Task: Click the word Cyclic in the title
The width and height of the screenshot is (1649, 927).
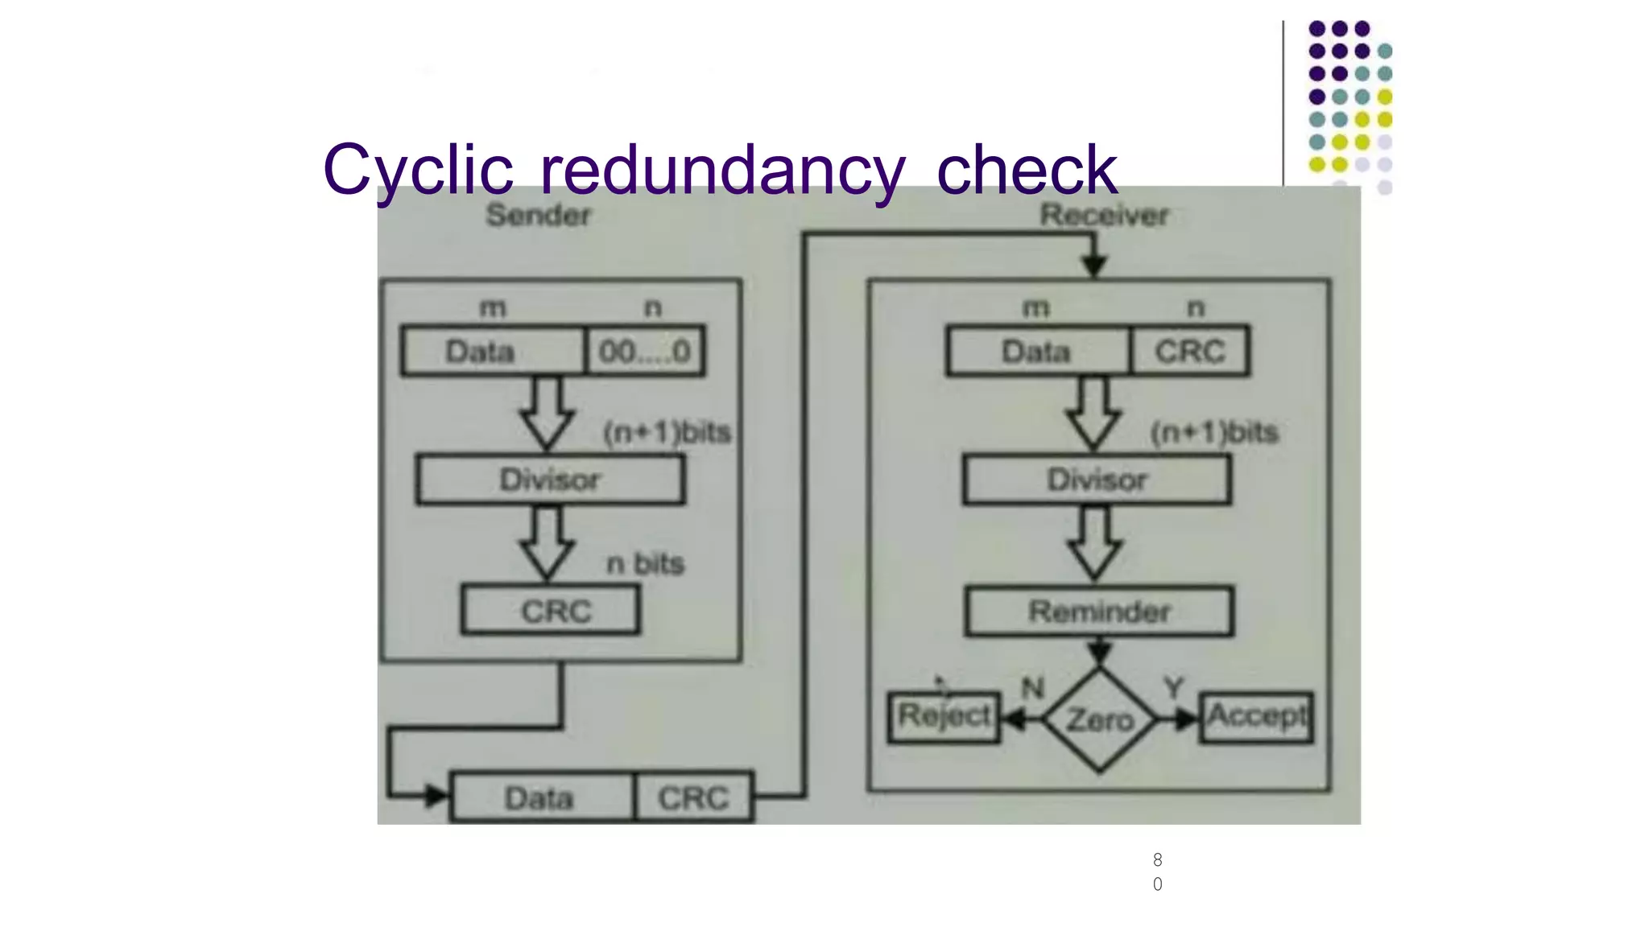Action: tap(418, 171)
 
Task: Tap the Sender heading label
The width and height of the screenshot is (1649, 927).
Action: tap(538, 215)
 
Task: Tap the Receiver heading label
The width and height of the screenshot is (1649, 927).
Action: tap(1103, 215)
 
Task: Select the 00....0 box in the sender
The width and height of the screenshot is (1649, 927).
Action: tap(645, 351)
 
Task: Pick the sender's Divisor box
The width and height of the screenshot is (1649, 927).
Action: tap(550, 480)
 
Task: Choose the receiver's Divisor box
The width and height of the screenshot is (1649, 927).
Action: tap(1097, 480)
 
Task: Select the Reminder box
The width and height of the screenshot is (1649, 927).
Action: tap(1098, 612)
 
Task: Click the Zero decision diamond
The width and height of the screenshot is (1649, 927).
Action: tap(1099, 719)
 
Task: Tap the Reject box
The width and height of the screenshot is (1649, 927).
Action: tap(944, 716)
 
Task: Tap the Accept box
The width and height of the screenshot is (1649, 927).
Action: tap(1256, 716)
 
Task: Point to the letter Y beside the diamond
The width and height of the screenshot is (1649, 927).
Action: tap(1174, 688)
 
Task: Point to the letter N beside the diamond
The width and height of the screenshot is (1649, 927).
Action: tap(1032, 688)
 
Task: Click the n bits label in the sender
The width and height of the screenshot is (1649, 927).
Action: tap(645, 563)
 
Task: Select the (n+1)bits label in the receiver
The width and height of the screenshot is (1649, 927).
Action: tap(1214, 432)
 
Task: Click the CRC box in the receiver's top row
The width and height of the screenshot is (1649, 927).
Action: tap(1190, 351)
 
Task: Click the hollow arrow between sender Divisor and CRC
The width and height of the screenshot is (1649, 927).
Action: tap(547, 543)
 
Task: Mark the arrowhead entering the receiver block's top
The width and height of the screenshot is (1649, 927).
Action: tap(1093, 265)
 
